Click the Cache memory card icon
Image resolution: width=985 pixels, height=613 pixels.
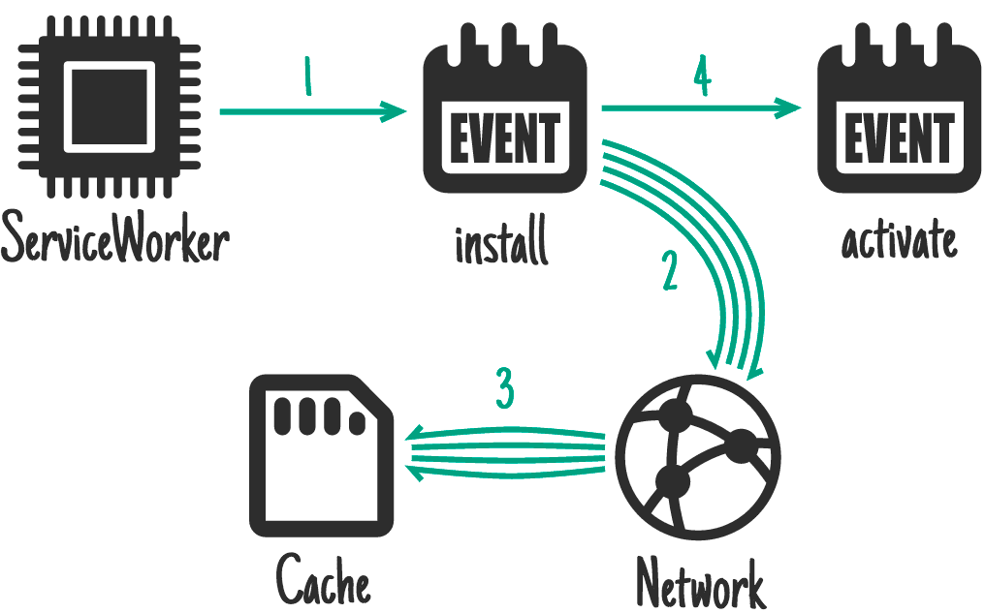point(321,454)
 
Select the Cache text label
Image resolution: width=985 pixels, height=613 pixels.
point(324,581)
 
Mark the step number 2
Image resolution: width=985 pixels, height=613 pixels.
point(669,272)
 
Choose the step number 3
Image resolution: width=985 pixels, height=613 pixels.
point(504,389)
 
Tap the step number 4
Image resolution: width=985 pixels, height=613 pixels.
point(701,77)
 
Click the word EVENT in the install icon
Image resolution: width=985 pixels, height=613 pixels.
point(505,138)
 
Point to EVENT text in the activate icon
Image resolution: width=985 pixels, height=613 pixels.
point(899,138)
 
